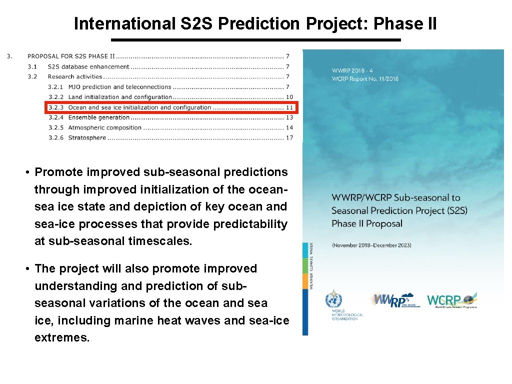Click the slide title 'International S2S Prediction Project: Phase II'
pyautogui.click(x=255, y=23)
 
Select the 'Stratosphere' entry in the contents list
pyautogui.click(x=87, y=138)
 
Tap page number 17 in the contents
pyautogui.click(x=289, y=138)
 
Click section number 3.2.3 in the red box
pyautogui.click(x=56, y=107)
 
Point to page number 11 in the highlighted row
pyautogui.click(x=289, y=107)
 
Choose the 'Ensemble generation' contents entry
pyautogui.click(x=98, y=117)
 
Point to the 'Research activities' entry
pyautogui.click(x=75, y=76)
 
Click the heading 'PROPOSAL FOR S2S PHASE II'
pyautogui.click(x=71, y=56)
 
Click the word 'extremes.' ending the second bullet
pyautogui.click(x=62, y=337)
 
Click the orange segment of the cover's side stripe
pyautogui.click(x=305, y=280)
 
